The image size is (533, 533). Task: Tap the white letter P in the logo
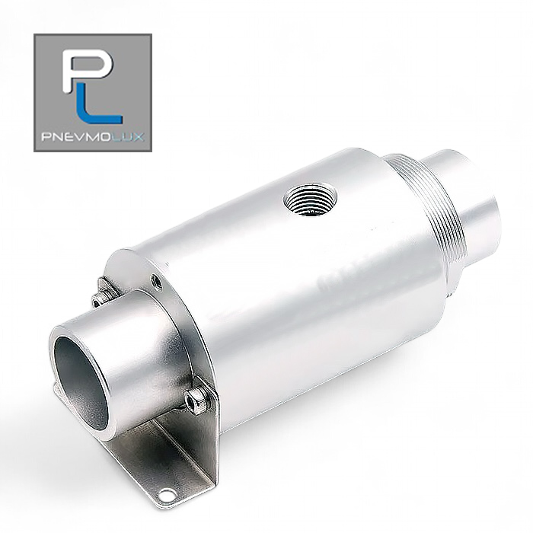88,70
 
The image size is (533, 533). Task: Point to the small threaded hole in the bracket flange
156,281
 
